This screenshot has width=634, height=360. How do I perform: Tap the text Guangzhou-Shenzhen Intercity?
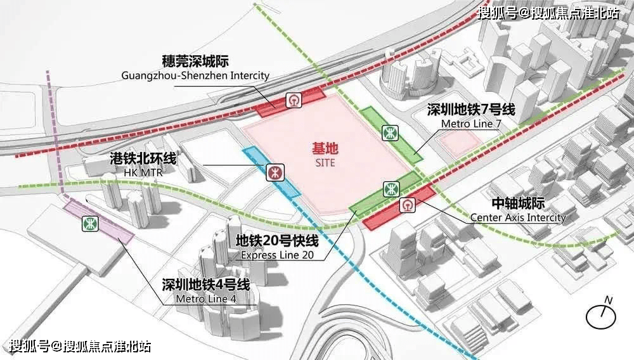tap(195, 75)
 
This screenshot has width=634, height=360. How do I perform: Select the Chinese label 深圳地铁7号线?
tap(470, 110)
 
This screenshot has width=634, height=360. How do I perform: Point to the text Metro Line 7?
tap(470, 124)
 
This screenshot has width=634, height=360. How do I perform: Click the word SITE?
tap(325, 163)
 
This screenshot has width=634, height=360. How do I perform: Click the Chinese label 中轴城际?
tap(518, 204)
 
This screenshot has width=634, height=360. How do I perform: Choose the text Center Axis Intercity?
tap(517, 217)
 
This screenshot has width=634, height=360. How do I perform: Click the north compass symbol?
tap(601, 314)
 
